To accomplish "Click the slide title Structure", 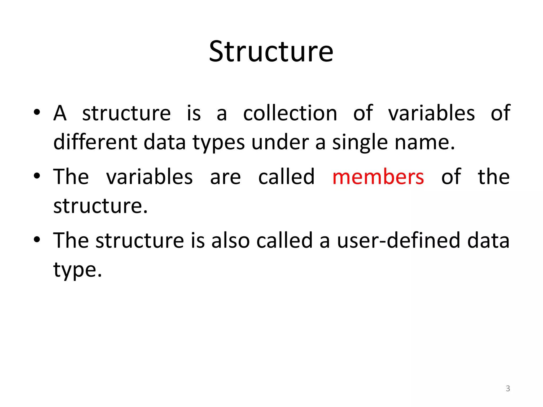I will click(x=271, y=52).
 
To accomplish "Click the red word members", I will click(x=378, y=177).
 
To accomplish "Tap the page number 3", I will click(x=508, y=388).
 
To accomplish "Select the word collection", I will click(x=290, y=113).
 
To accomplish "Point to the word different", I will click(x=95, y=142).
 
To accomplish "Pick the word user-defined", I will click(x=399, y=240).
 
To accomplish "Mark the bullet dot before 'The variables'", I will click(x=37, y=176).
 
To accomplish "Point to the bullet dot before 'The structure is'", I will click(x=37, y=239).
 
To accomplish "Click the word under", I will click(x=280, y=143).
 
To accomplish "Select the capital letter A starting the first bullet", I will click(x=60, y=113).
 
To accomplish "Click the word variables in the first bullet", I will click(x=431, y=113).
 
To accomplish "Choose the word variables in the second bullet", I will click(x=149, y=177).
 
